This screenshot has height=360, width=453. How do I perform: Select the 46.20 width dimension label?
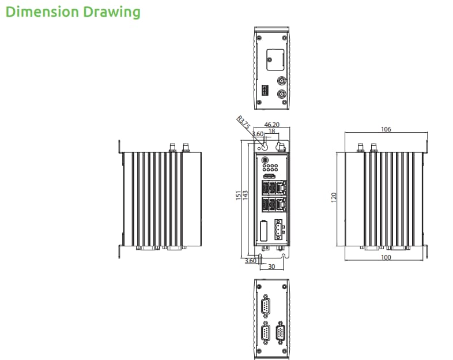[271, 124]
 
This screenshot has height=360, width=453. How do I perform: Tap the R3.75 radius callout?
[244, 123]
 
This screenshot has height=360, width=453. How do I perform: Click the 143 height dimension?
[246, 196]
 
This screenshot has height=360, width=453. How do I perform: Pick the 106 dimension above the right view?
[386, 129]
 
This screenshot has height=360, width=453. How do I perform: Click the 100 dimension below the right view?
[386, 257]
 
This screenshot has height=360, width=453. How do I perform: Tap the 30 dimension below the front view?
[271, 267]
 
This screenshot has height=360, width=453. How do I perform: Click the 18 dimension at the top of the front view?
[271, 132]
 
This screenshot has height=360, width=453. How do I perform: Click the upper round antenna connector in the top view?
[281, 81]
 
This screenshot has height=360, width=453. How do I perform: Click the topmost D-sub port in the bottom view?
[266, 306]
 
